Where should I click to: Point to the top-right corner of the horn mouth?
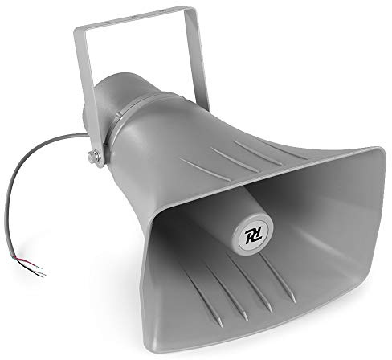click(x=378, y=150)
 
